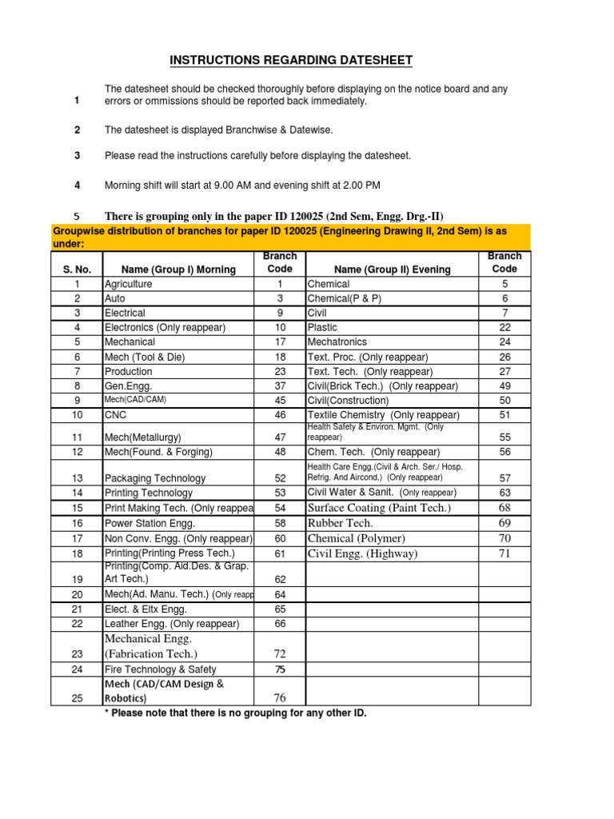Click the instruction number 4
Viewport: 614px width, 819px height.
click(78, 185)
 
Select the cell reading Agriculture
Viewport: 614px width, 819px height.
click(128, 284)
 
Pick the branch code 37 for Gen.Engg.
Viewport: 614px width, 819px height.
click(280, 386)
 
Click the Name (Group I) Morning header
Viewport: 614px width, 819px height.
click(177, 270)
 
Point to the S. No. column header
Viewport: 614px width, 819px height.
click(78, 270)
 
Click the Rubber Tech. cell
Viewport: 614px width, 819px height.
click(340, 523)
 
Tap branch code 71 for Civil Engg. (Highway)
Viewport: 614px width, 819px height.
click(504, 553)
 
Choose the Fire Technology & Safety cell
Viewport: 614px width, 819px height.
click(160, 669)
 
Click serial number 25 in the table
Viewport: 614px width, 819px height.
click(78, 698)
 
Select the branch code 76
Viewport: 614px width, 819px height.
click(280, 698)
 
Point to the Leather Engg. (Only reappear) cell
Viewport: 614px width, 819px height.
click(172, 624)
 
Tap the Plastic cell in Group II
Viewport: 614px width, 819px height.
click(322, 327)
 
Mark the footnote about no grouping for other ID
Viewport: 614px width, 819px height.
click(236, 713)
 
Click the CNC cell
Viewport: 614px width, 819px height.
click(115, 415)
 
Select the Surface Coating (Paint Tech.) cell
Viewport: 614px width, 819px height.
click(379, 508)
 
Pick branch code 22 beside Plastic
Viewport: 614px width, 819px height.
click(504, 327)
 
